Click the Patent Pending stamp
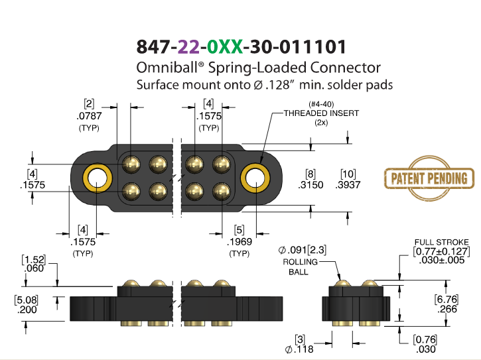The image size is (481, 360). click(x=429, y=178)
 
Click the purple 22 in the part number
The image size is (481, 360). click(x=188, y=47)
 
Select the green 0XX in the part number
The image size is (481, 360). click(x=225, y=47)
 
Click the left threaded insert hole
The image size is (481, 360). click(x=98, y=178)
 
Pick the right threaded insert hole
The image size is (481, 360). click(x=255, y=178)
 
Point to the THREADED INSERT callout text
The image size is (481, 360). click(x=321, y=113)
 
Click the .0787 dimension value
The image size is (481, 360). click(x=89, y=116)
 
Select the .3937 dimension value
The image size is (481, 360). click(x=348, y=185)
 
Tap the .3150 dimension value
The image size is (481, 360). click(x=310, y=185)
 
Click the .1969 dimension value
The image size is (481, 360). click(x=240, y=242)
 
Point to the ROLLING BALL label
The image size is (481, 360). click(x=300, y=267)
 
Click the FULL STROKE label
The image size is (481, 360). click(x=441, y=242)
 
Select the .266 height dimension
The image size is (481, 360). click(x=448, y=309)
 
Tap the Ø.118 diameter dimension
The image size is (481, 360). click(x=299, y=349)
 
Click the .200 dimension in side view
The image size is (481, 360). click(x=27, y=310)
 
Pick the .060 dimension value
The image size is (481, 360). click(x=34, y=269)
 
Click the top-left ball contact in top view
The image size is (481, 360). click(x=131, y=164)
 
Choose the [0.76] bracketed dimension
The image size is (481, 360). click(x=425, y=339)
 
